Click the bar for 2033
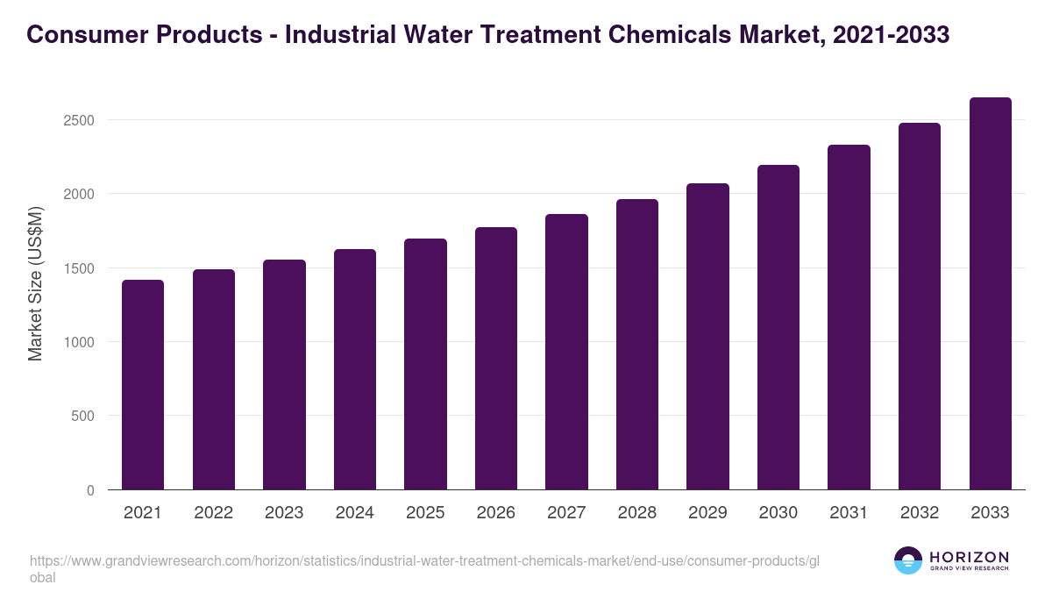[x=990, y=293]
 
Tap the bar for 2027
[x=566, y=351]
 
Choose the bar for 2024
[x=355, y=368]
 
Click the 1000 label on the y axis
[x=80, y=342]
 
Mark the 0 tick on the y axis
[x=90, y=490]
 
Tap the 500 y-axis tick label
[x=83, y=416]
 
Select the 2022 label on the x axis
[x=213, y=513]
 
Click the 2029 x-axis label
[x=707, y=513]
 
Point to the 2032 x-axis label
[x=920, y=513]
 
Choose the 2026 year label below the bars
[x=495, y=513]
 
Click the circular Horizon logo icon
[x=908, y=560]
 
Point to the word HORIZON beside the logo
[x=969, y=557]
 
